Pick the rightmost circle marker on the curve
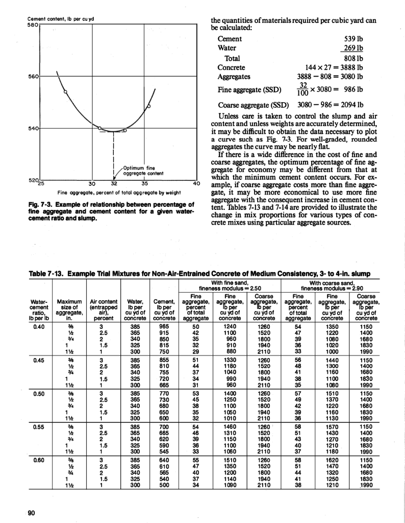click(x=148, y=106)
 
